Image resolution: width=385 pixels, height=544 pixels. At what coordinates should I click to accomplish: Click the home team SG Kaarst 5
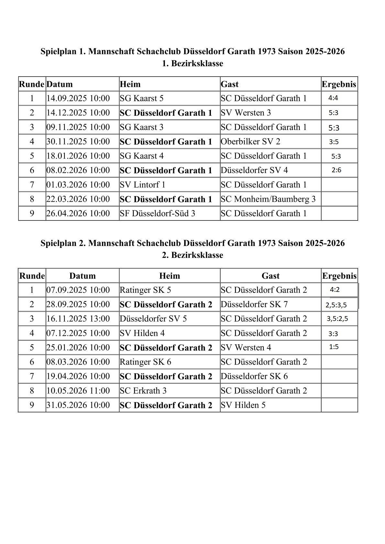pos(141,98)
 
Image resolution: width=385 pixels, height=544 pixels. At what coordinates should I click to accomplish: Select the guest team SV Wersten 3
pos(246,113)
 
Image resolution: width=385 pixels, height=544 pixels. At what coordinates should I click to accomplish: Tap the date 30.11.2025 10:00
pos(78,142)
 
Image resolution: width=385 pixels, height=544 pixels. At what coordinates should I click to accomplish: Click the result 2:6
pos(336,170)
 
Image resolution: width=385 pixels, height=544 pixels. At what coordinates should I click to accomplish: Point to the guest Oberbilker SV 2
pos(250,142)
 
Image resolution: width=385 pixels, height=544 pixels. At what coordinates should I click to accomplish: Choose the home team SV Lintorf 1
pos(142,185)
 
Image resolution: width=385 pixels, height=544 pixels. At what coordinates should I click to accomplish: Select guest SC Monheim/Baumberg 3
pos(268,199)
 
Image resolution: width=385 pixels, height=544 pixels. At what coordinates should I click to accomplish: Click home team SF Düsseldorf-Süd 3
pos(157,213)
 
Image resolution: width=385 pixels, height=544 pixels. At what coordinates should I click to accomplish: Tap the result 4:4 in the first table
pos(333,98)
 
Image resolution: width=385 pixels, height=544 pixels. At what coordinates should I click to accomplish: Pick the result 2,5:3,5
pos(336,305)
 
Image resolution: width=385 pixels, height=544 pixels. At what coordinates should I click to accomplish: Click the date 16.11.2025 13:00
pos(78,319)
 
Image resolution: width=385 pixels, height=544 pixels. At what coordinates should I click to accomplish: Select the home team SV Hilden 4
pos(142,333)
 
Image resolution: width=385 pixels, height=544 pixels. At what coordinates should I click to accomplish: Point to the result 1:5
pos(334,347)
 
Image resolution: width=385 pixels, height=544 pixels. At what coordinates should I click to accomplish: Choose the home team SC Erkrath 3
pos(143,390)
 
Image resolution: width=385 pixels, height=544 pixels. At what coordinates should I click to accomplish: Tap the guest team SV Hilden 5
pos(243,405)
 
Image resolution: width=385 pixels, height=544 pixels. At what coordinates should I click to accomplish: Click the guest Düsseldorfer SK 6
pos(254,376)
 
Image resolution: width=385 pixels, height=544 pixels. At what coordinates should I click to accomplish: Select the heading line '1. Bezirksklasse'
pos(192,63)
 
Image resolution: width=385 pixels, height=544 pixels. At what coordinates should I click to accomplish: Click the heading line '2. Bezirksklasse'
pos(192,255)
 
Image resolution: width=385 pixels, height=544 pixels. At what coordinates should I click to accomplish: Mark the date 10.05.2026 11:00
pos(78,390)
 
